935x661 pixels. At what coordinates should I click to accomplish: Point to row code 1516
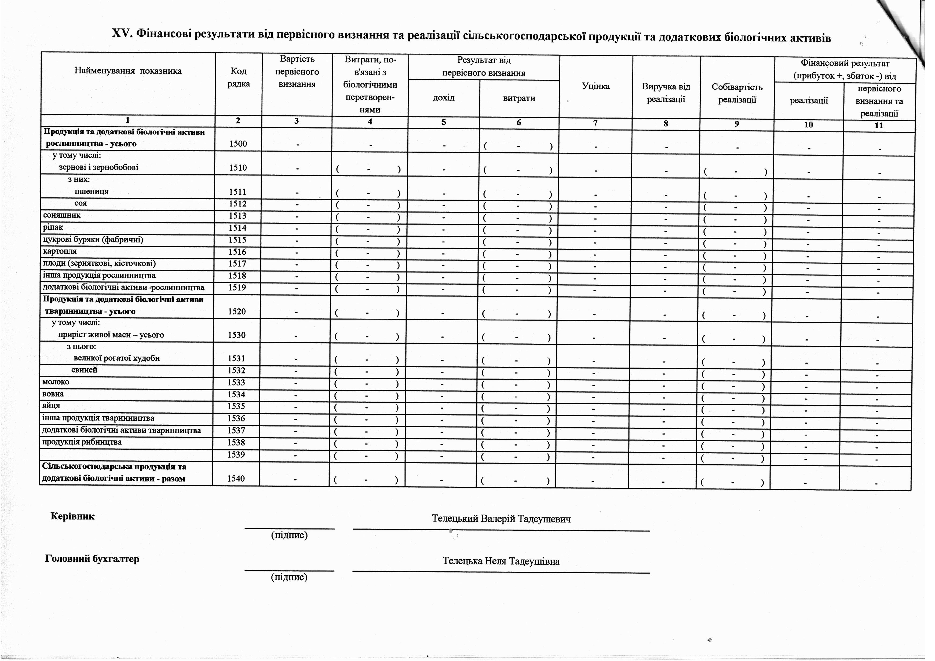coord(237,252)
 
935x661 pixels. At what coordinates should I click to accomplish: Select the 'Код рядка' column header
coord(238,77)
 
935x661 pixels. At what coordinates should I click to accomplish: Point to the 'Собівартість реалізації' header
coord(737,93)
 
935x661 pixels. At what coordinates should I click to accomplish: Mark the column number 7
coord(595,123)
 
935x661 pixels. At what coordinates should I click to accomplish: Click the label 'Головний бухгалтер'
coord(92,559)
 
